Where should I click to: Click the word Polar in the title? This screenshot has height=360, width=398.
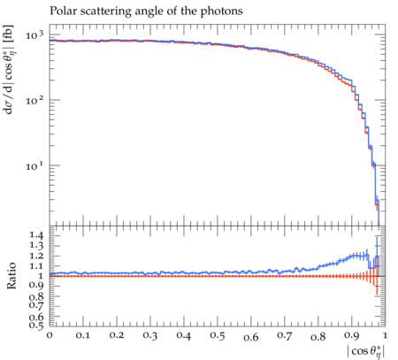(x=61, y=11)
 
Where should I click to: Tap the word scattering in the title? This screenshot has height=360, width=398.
(x=103, y=11)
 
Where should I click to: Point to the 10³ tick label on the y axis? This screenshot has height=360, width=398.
(x=34, y=34)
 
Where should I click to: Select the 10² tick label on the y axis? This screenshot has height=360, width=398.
(x=34, y=100)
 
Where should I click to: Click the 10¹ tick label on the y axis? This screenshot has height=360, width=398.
(x=34, y=165)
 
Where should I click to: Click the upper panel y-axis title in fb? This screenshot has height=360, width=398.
(x=9, y=70)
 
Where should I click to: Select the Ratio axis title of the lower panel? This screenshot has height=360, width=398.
(x=11, y=276)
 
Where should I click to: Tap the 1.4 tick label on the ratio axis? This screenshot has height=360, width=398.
(x=36, y=235)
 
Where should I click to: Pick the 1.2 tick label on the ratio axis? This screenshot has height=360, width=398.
(x=36, y=256)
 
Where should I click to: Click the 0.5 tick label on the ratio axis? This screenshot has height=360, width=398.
(x=36, y=326)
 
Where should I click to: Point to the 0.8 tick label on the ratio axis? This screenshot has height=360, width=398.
(x=36, y=296)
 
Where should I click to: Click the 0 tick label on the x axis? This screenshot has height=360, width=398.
(x=50, y=335)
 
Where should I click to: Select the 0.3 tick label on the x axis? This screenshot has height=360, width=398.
(x=150, y=335)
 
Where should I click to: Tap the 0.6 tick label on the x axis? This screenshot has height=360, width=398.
(x=251, y=337)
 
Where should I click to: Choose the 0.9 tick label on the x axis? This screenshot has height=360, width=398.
(x=352, y=335)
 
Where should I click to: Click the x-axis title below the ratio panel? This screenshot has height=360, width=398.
(x=366, y=351)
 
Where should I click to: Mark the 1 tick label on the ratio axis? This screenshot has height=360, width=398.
(x=41, y=276)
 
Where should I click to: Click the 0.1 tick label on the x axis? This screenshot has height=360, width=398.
(x=83, y=335)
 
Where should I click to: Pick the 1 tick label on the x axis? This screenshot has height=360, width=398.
(x=385, y=335)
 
